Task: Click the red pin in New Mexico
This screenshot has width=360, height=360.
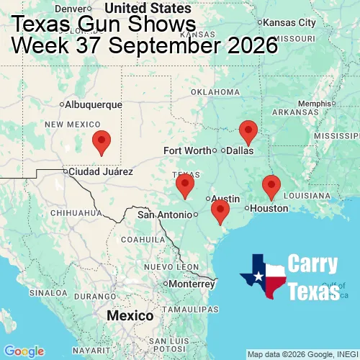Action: pos(102,142)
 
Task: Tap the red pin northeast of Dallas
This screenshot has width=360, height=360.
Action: pos(248,131)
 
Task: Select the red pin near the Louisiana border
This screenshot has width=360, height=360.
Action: pos(271,186)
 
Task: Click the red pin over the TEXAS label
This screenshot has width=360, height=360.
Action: pos(185,184)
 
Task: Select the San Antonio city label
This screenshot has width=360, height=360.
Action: pos(166,214)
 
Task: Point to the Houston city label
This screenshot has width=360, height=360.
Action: pos(269,208)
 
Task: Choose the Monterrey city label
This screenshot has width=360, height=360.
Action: pos(192,284)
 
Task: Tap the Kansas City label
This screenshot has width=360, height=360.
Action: pos(294,23)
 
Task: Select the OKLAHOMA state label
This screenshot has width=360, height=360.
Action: pos(215,92)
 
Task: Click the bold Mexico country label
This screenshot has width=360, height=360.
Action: pos(130,316)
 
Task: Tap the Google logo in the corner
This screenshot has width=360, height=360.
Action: pos(24,351)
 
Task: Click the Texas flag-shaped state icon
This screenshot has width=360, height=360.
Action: pos(264,277)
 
